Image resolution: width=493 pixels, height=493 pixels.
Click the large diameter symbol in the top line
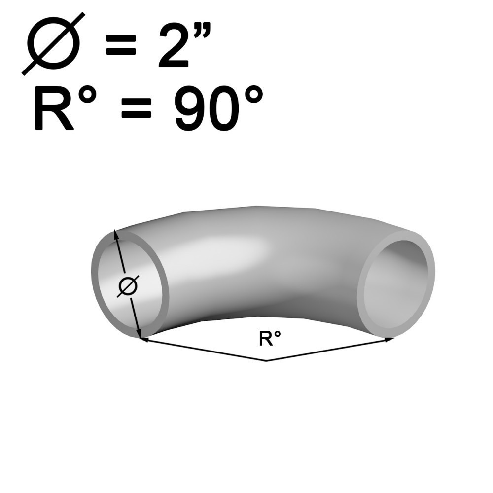point(53,44)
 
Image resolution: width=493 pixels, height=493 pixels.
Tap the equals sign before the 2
point(121,45)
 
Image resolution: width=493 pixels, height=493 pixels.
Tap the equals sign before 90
point(137,108)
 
